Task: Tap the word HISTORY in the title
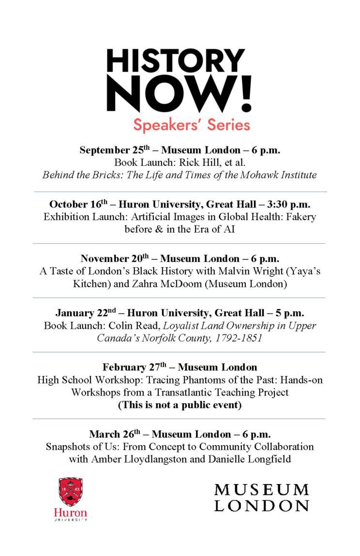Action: [x=176, y=62]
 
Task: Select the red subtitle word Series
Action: [x=229, y=125]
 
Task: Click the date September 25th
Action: [x=116, y=150]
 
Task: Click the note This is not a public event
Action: [x=180, y=405]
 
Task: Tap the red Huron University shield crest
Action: [x=71, y=492]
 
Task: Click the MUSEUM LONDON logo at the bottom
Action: [x=261, y=497]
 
